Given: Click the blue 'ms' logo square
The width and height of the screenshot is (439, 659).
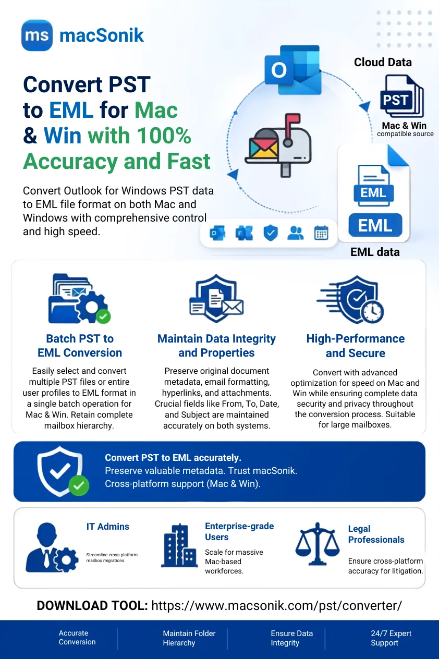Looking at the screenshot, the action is [37, 35].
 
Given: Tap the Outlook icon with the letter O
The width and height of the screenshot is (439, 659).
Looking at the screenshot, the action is [293, 70].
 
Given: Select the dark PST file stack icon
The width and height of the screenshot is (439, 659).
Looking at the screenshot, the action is [402, 96].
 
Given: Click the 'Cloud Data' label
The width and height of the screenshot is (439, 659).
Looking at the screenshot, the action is [383, 63].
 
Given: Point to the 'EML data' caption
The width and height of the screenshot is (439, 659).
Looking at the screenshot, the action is [375, 252].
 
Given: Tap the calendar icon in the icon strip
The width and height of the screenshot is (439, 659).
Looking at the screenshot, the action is [321, 233].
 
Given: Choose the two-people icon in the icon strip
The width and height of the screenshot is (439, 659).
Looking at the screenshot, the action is [296, 233].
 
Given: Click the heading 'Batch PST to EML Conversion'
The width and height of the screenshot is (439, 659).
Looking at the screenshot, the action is [80, 346].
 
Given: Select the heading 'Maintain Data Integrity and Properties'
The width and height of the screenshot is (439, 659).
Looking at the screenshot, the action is [216, 346].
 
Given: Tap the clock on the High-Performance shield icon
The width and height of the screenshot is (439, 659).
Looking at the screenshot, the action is [372, 311].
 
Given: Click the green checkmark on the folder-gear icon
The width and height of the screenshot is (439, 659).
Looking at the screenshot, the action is [103, 316].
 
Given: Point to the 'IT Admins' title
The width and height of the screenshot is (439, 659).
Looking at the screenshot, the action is [108, 527].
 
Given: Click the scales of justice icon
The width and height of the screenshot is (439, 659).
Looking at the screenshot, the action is [318, 544].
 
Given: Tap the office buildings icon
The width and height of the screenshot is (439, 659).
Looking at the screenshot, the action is [179, 545].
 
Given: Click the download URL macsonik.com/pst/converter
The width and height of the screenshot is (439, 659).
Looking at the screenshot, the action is [276, 605].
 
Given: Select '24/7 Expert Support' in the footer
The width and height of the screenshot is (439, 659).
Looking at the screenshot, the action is [391, 638].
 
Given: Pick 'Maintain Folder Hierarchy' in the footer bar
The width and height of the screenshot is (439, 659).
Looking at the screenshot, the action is [189, 638].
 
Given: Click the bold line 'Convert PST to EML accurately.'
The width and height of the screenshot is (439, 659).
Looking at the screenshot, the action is [173, 457].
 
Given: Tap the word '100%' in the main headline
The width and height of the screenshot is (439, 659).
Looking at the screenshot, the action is [164, 136].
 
